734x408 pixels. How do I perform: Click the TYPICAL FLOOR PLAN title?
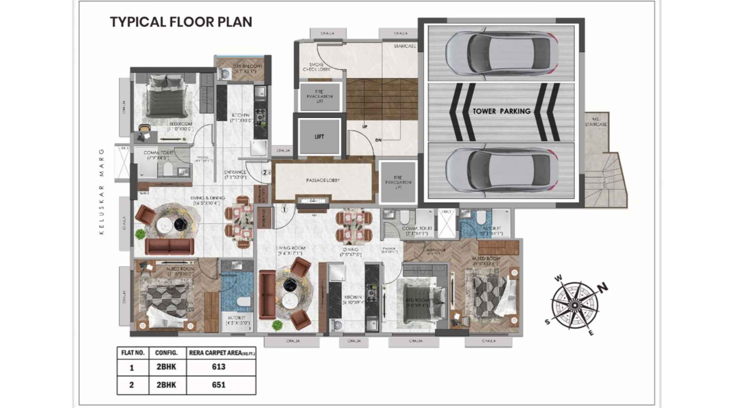(x=181, y=22)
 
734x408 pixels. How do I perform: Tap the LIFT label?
(x=319, y=137)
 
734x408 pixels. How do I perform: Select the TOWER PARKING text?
(x=501, y=111)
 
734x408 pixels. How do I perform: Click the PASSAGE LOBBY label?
(x=323, y=180)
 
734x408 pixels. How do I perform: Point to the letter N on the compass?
(x=602, y=287)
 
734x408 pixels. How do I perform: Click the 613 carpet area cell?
(x=219, y=367)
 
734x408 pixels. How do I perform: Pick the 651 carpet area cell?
(x=219, y=385)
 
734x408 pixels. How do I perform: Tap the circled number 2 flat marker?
(x=265, y=173)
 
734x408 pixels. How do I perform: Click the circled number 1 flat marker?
(x=284, y=210)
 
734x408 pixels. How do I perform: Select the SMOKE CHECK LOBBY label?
(x=316, y=67)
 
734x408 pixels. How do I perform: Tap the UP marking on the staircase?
(x=364, y=127)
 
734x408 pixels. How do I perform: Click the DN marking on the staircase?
(x=378, y=140)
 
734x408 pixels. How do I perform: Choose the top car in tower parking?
(x=501, y=53)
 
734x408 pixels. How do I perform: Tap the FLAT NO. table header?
(x=133, y=353)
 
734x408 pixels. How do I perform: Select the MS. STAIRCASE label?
(x=595, y=122)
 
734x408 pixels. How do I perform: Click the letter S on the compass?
(x=547, y=322)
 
